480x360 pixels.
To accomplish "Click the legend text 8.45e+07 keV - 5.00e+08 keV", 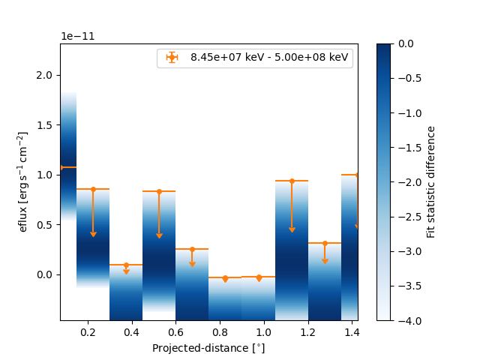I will (x=269, y=57).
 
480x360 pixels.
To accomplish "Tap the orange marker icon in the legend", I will (x=172, y=57).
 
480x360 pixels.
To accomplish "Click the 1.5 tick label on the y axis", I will (x=46, y=125).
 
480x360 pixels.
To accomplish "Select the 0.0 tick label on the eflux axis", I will (x=46, y=274).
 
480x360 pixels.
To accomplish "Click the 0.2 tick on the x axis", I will (x=93, y=321).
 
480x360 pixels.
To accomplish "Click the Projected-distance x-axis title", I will (x=208, y=348).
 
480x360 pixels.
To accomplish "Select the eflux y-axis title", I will (x=23, y=181).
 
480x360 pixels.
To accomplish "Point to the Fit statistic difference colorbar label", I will (x=430, y=181).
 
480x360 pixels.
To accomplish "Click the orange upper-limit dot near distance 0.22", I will (x=93, y=189).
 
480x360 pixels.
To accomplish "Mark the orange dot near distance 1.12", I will (x=292, y=181).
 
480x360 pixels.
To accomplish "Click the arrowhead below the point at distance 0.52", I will (x=159, y=235).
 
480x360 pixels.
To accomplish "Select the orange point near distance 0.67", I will (x=192, y=249).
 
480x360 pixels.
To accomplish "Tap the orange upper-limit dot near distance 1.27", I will (x=325, y=243).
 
